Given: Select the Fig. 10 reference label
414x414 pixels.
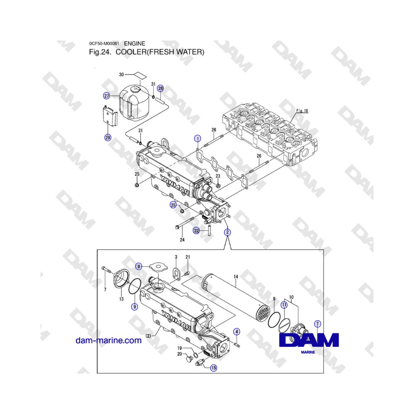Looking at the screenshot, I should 302,111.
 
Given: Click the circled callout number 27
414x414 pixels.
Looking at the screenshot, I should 107,96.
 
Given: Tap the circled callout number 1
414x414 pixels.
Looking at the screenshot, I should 197,138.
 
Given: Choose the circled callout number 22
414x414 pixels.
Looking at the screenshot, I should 196,230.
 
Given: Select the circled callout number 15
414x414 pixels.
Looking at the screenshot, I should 213,368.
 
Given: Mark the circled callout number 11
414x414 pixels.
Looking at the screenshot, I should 284,305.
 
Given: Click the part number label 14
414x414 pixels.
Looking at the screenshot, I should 236,276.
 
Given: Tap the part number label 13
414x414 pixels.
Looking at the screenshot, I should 121,299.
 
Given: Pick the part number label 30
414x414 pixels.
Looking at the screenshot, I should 121,75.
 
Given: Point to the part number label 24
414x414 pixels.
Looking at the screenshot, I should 182,240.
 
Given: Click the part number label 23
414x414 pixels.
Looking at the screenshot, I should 218,176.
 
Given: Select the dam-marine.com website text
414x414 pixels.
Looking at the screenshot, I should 109,340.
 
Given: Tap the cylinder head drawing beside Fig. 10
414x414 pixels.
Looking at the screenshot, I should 269,133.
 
